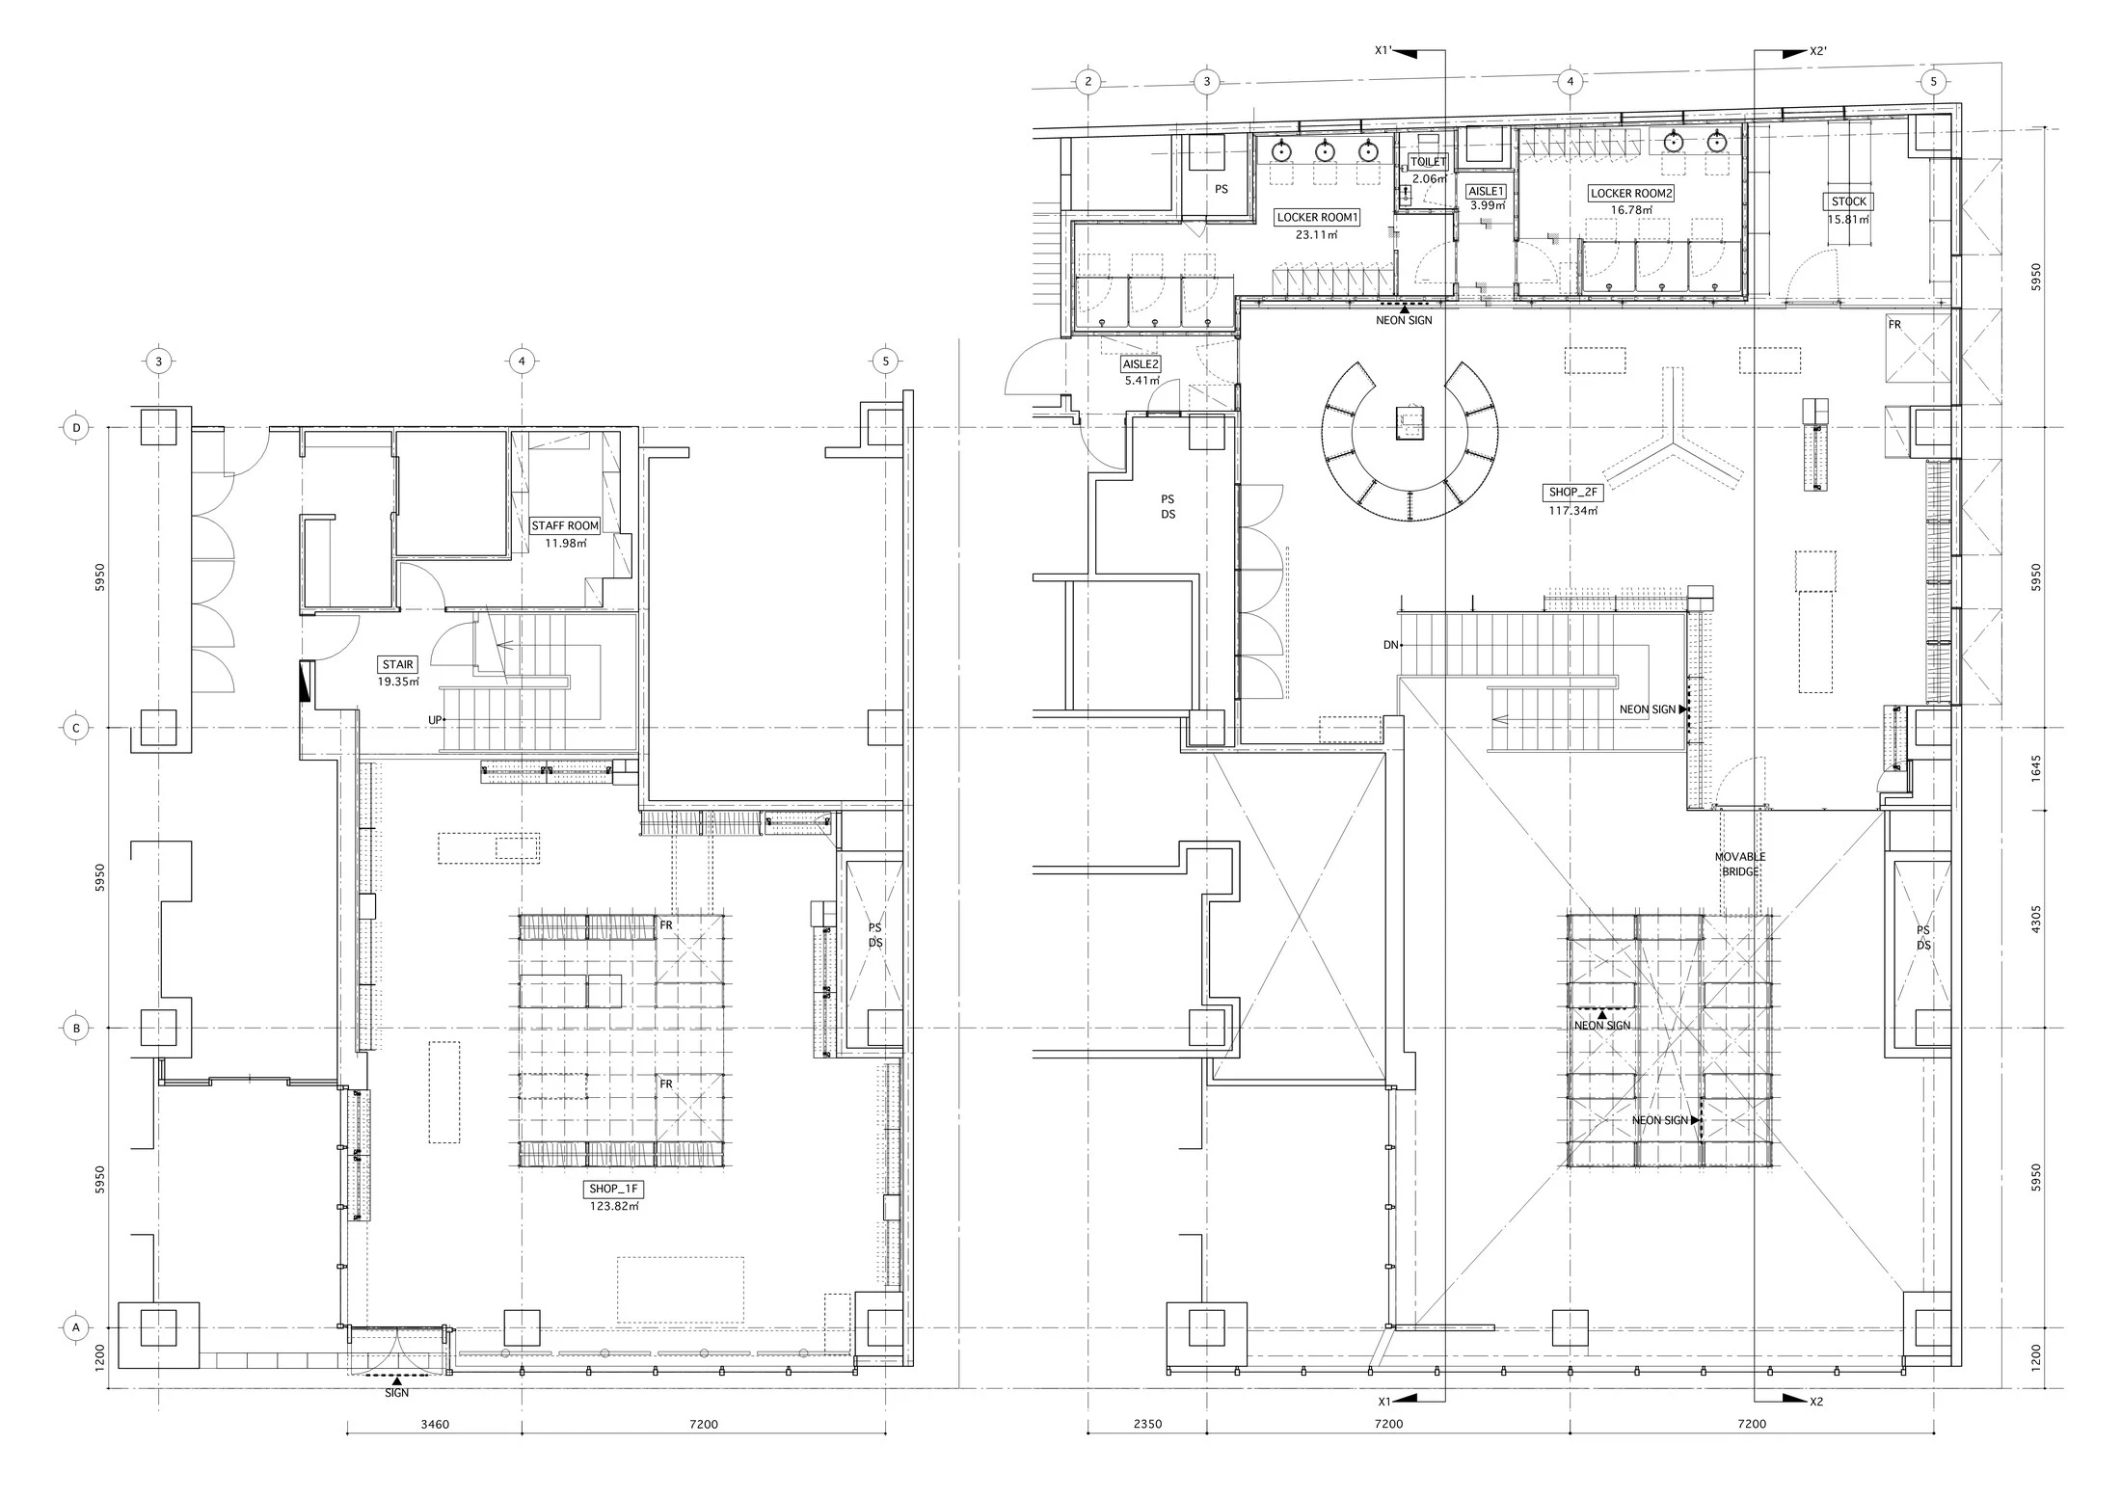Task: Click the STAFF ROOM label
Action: point(566,526)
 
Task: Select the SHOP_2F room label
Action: point(1573,493)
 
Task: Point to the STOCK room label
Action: point(1849,201)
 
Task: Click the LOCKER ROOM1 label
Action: point(1317,218)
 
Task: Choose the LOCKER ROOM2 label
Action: point(1631,193)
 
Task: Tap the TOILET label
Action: point(1429,162)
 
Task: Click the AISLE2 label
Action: point(1141,364)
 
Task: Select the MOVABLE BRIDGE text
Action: point(1740,864)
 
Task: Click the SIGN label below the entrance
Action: point(396,1393)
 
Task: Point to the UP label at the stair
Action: point(436,720)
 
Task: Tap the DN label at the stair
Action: point(1390,645)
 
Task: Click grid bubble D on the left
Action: point(76,427)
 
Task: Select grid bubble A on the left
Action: point(76,1327)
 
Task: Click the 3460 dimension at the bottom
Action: point(434,1424)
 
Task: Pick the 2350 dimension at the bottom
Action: point(1147,1424)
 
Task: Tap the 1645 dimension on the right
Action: point(2035,768)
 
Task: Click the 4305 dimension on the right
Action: point(2035,919)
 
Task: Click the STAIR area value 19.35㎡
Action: point(399,682)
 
